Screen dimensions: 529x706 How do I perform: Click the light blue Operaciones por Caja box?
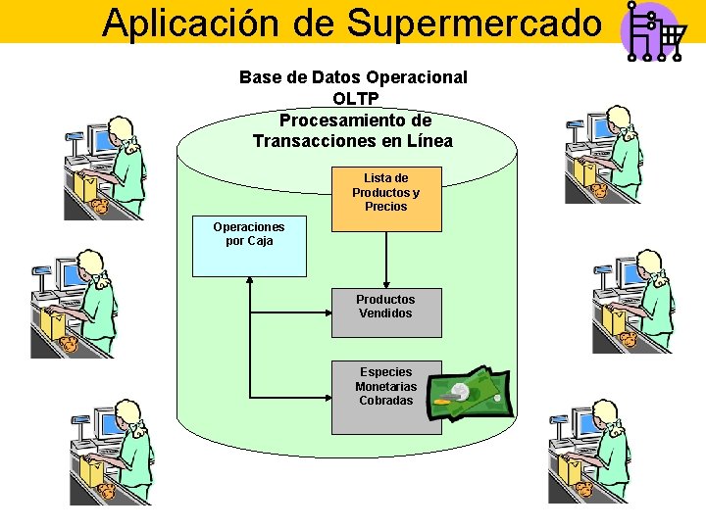coord(249,247)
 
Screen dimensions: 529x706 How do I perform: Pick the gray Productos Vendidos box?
coord(385,312)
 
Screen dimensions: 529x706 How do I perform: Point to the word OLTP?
coord(355,98)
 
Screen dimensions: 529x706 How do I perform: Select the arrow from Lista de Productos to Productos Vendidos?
coord(385,259)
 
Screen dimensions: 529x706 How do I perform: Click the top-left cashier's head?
coord(124,131)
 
